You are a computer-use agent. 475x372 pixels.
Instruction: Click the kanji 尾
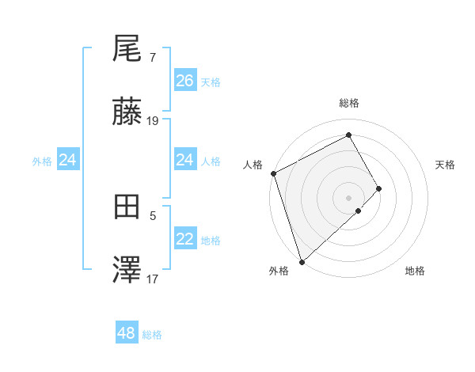(x=127, y=49)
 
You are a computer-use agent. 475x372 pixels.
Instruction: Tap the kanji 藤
(x=127, y=113)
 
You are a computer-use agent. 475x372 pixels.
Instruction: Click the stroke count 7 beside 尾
(x=153, y=58)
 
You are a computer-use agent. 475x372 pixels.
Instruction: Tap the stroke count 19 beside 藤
(x=153, y=121)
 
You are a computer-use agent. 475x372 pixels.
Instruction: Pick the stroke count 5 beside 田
(x=153, y=214)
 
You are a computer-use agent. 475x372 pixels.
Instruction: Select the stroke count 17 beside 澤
(x=153, y=279)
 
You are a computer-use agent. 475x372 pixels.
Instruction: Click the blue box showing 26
(x=185, y=81)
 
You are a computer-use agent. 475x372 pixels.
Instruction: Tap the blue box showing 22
(x=185, y=240)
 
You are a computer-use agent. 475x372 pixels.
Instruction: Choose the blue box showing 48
(x=127, y=333)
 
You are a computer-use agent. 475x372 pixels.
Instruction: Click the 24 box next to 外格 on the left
(x=68, y=161)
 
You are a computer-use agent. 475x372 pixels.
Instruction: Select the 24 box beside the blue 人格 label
(x=185, y=161)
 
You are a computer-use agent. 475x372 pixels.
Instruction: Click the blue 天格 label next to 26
(x=211, y=82)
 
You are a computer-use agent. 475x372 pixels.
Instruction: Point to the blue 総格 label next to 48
(x=152, y=335)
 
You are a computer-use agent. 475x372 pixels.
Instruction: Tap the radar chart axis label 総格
(x=349, y=103)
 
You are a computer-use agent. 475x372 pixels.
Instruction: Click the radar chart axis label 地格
(x=415, y=271)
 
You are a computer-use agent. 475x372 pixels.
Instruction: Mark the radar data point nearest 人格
(x=273, y=173)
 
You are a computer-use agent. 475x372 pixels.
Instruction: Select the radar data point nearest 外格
(x=301, y=261)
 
